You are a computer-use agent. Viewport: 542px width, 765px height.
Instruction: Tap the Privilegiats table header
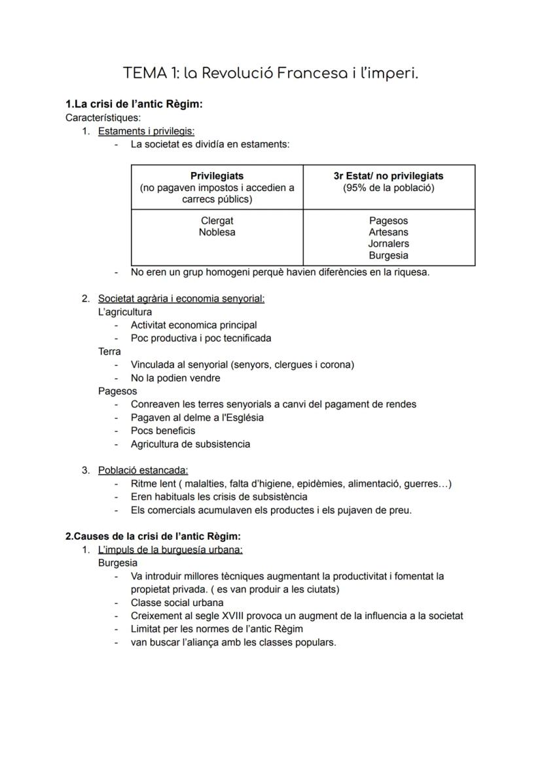tap(217, 176)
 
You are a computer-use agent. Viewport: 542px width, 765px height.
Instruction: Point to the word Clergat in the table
tap(217, 221)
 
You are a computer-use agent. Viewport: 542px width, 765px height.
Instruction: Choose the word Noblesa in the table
tap(217, 232)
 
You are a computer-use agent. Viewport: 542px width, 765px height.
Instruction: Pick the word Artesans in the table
tap(388, 232)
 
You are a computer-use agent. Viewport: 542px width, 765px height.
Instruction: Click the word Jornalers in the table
tap(388, 244)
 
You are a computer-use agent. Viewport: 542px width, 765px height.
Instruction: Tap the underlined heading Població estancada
tap(143, 471)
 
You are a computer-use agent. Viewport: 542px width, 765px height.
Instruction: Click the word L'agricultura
tap(124, 312)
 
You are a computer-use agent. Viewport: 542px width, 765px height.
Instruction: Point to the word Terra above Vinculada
tap(109, 351)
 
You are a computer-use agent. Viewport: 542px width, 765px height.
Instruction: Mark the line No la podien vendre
tap(175, 378)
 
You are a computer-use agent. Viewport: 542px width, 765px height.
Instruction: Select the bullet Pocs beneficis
tap(163, 431)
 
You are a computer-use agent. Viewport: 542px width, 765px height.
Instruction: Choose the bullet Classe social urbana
tap(177, 603)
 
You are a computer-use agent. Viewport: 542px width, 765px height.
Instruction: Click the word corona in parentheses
tap(336, 365)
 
